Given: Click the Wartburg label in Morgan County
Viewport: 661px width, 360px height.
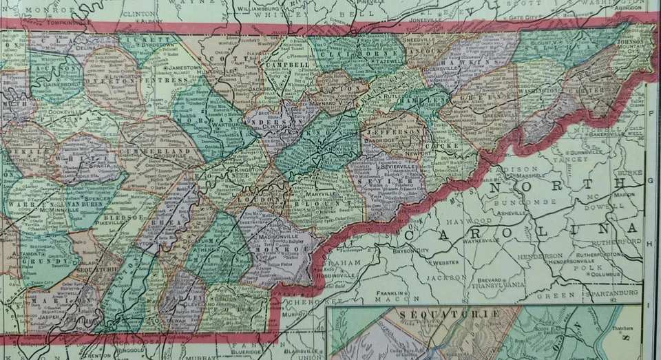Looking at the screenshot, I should [x=213, y=127].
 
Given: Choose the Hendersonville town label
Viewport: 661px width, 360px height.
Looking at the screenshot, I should [x=556, y=262].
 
